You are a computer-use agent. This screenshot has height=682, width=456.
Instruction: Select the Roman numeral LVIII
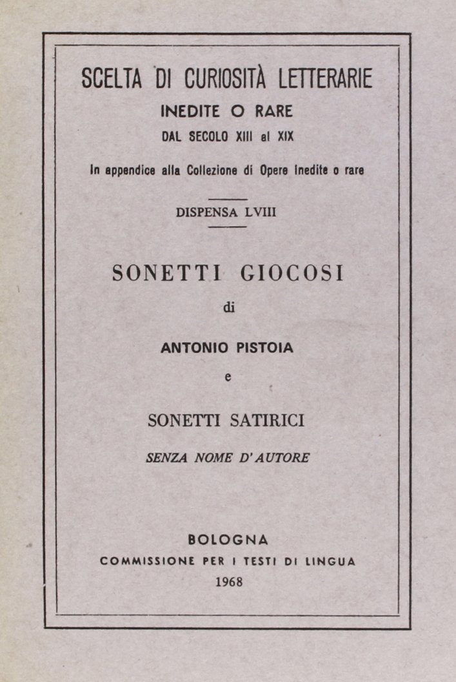pos(261,212)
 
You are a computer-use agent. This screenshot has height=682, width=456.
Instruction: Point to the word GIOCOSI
pos(292,273)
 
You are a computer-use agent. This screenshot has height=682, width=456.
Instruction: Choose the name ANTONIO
pos(191,347)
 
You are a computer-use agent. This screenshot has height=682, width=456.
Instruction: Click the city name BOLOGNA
pos(228,539)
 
